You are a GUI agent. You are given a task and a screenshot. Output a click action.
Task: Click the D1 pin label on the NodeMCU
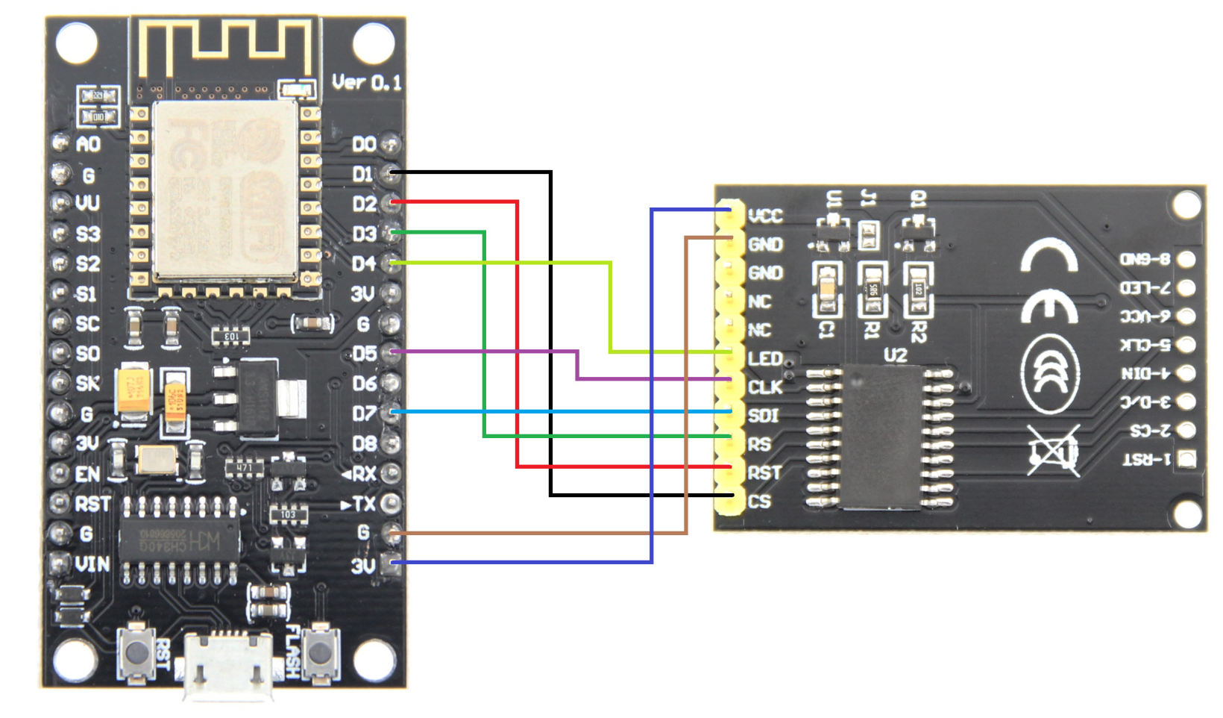point(362,174)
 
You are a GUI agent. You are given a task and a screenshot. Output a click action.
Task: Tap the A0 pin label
point(88,144)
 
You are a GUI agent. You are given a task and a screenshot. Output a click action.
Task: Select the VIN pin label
point(92,564)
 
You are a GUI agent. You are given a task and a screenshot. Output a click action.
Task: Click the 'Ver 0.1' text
point(366,82)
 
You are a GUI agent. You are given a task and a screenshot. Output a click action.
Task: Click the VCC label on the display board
point(765,216)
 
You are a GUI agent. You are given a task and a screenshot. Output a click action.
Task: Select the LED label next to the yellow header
point(765,359)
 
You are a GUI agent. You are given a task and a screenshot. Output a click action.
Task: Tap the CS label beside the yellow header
point(759,502)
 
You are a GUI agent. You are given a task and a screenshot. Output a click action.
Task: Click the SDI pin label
point(763,416)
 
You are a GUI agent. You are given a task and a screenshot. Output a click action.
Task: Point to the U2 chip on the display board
point(881,437)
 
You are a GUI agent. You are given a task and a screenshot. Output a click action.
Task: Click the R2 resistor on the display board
point(918,289)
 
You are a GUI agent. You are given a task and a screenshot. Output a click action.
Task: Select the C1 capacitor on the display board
point(826,289)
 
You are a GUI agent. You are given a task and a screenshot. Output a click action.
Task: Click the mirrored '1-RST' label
point(1146,459)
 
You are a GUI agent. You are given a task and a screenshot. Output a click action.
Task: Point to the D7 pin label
point(364,413)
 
